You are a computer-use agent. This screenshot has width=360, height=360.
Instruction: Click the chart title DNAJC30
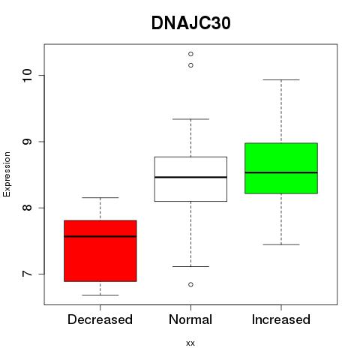[x=190, y=23]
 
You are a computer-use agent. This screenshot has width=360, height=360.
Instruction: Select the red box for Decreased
[x=100, y=251]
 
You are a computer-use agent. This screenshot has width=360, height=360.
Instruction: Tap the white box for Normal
[x=190, y=179]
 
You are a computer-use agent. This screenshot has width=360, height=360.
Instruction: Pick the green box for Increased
[x=281, y=168]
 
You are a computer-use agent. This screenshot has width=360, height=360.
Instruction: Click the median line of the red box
[x=100, y=236]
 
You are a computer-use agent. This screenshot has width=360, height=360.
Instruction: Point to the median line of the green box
[x=281, y=172]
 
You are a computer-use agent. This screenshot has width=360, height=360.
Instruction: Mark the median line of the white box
[x=190, y=177]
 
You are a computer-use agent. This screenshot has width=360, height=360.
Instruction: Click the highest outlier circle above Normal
[x=190, y=54]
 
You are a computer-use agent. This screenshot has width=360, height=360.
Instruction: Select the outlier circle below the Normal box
[x=190, y=284]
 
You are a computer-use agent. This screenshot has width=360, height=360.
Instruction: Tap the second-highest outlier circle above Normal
[x=190, y=65]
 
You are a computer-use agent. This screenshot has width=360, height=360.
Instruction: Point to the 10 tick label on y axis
[x=27, y=75]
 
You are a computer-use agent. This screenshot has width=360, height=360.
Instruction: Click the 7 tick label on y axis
[x=27, y=274]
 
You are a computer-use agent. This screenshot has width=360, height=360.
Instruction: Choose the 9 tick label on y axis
[x=27, y=142]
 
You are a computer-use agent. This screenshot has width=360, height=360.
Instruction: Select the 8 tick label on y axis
[x=27, y=208]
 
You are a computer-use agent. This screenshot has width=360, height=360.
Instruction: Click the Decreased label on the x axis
[x=100, y=319]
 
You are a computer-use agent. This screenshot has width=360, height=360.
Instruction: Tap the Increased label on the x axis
[x=281, y=319]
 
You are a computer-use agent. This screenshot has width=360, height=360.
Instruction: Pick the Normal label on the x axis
[x=190, y=319]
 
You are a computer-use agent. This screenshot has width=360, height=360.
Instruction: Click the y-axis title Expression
[x=7, y=175]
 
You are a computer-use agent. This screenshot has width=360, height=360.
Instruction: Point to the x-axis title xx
[x=190, y=343]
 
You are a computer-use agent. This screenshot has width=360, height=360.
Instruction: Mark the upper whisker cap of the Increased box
[x=281, y=79]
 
